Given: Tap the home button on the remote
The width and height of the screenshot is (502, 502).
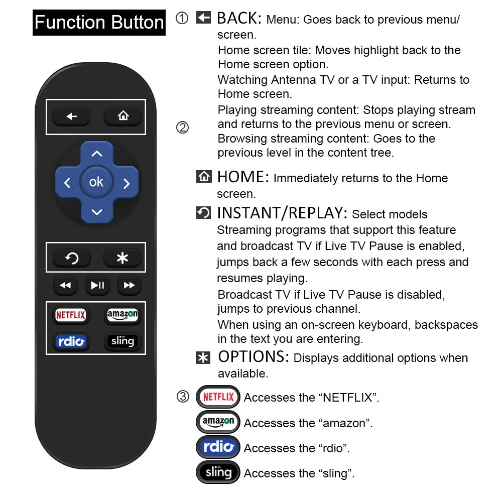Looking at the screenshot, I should pyautogui.click(x=123, y=116).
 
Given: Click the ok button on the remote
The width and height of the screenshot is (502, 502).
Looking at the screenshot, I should pyautogui.click(x=96, y=182).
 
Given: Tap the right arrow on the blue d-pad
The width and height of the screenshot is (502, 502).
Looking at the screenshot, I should pyautogui.click(x=127, y=183).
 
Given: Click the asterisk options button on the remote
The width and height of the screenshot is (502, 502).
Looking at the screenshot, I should pyautogui.click(x=122, y=258).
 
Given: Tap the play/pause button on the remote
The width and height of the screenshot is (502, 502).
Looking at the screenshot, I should pyautogui.click(x=97, y=286).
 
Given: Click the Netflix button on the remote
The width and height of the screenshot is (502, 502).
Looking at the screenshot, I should pyautogui.click(x=71, y=315).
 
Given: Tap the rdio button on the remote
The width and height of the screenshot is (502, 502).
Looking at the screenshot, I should pyautogui.click(x=71, y=342).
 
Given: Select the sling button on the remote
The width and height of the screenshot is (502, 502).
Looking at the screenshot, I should pyautogui.click(x=122, y=342).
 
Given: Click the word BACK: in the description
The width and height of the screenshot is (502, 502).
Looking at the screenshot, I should pyautogui.click(x=239, y=19).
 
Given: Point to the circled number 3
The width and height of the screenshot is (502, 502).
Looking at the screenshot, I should pyautogui.click(x=183, y=397).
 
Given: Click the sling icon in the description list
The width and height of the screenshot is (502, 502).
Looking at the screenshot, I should pyautogui.click(x=218, y=472).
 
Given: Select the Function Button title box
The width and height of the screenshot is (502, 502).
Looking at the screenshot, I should pyautogui.click(x=99, y=23).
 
